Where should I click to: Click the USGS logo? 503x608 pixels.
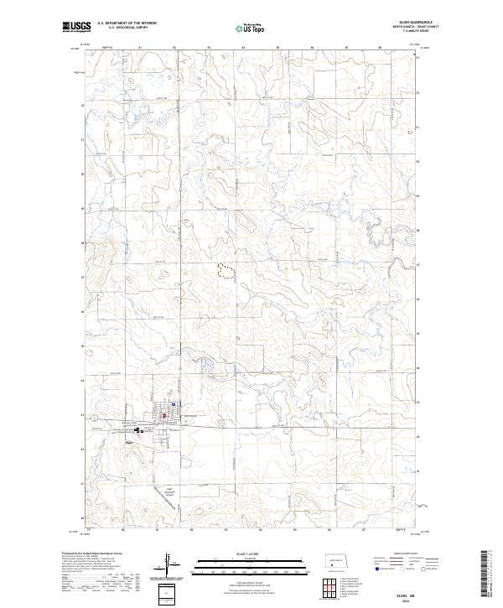click(x=76, y=27)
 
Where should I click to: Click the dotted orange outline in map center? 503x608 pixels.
click(x=226, y=269)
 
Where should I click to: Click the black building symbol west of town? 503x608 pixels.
click(x=137, y=429)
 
